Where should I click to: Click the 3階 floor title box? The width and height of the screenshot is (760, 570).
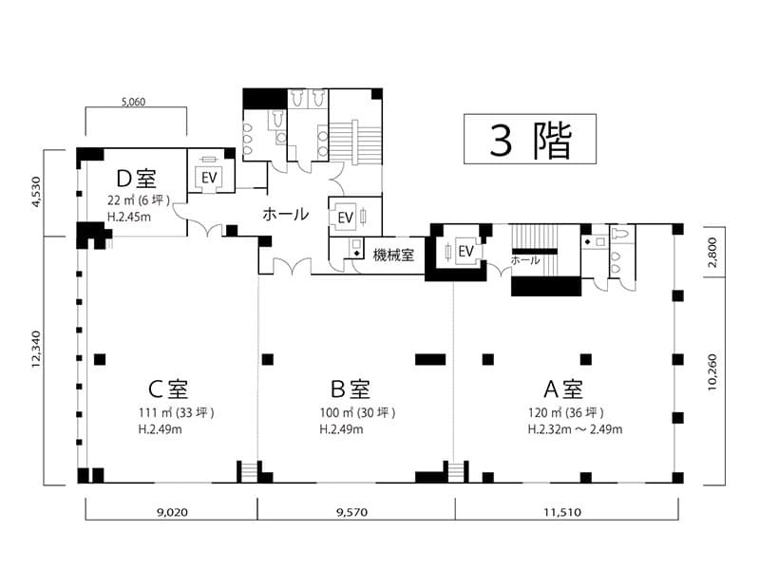point(530,139)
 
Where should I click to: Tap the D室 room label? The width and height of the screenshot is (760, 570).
point(137,179)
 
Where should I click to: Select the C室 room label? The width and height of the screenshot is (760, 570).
point(168,389)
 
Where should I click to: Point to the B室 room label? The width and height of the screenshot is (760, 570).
point(350,389)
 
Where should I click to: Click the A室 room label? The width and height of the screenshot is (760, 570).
point(563,389)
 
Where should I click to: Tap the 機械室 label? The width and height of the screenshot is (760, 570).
point(393,255)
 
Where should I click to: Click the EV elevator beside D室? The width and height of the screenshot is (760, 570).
point(209,178)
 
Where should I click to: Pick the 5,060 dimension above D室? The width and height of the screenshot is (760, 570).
point(133,102)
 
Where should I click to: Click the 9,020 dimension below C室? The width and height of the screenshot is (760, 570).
point(172,512)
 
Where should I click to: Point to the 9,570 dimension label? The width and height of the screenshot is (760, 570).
point(351,512)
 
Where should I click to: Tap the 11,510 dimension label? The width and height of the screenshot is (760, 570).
point(562,512)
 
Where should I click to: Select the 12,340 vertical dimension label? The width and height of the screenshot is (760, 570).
point(36,349)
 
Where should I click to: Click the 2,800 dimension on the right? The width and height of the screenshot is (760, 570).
point(712,253)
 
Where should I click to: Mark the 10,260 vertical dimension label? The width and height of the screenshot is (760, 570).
point(712,372)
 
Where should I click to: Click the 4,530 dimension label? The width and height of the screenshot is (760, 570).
point(36,192)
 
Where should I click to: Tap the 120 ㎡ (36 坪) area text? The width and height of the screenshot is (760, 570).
point(565,413)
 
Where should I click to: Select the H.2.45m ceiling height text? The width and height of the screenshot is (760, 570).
point(129,217)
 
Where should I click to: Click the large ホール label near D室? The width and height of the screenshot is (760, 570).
point(286,214)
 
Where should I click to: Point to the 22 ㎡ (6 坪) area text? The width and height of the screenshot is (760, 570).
point(139,200)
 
